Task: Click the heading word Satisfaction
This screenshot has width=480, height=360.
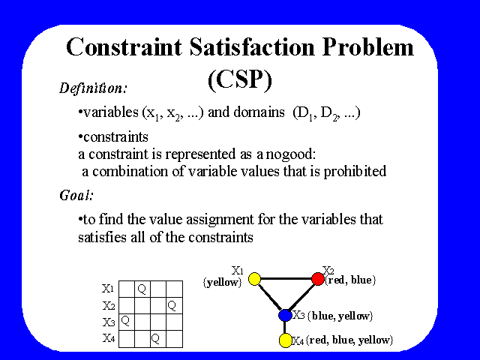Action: tap(252, 47)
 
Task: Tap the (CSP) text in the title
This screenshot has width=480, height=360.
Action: tap(240, 79)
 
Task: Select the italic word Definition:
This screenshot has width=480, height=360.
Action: tap(93, 88)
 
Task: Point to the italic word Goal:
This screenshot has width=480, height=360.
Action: tap(76, 195)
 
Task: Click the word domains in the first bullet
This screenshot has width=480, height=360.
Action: tap(259, 112)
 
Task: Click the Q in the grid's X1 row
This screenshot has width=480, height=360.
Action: tap(142, 289)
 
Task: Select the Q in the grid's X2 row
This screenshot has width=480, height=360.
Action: tap(172, 305)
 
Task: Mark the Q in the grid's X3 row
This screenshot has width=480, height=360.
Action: tap(125, 321)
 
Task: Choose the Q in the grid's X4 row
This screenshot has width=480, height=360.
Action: tap(155, 338)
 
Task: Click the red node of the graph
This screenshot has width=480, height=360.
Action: tap(318, 279)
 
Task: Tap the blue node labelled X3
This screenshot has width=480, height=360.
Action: tap(285, 315)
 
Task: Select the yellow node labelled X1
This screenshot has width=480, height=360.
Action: tap(254, 279)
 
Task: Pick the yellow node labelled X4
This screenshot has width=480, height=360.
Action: tap(285, 340)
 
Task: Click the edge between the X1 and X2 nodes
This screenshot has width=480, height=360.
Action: tap(286, 279)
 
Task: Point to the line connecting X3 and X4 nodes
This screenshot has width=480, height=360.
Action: tap(285, 328)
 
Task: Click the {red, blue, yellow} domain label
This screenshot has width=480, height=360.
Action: tap(349, 340)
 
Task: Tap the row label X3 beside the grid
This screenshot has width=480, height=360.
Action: tap(109, 322)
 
